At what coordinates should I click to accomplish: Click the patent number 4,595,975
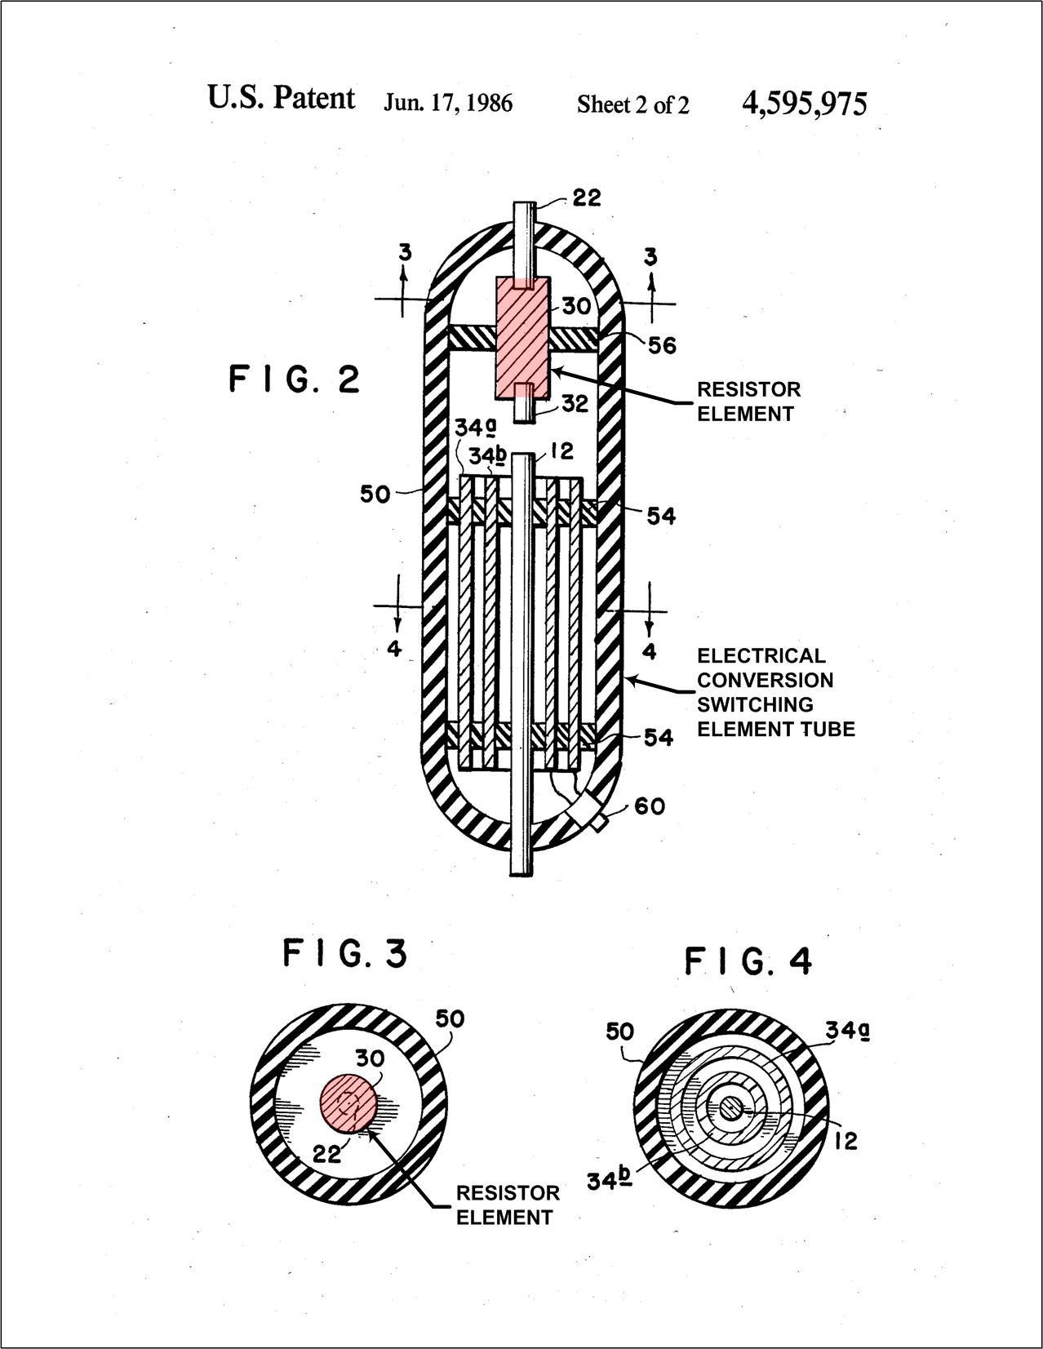coord(804,104)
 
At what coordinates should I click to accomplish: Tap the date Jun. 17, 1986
coord(448,104)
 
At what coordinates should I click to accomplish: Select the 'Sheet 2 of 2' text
coord(632,104)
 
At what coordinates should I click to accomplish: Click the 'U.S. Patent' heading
coord(281,98)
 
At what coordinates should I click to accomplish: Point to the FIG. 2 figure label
coord(294,380)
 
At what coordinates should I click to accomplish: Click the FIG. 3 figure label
coord(344,953)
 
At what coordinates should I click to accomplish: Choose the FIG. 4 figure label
coord(748,961)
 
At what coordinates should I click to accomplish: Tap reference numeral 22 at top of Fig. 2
coord(585,197)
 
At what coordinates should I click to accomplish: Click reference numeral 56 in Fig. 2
coord(662,345)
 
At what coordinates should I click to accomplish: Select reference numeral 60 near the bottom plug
coord(650,806)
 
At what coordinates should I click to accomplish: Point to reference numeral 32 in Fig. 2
coord(575,404)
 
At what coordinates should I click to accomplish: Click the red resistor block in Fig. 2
coord(523,336)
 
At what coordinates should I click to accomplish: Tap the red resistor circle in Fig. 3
coord(348,1103)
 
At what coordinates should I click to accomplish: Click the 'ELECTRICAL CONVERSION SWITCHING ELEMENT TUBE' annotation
coord(775,692)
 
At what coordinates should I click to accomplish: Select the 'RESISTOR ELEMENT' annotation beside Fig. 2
coord(748,402)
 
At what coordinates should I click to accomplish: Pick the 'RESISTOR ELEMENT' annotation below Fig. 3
coord(507,1205)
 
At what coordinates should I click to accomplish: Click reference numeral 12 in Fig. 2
coord(561,451)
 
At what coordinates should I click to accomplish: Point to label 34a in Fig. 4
coord(846,1031)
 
